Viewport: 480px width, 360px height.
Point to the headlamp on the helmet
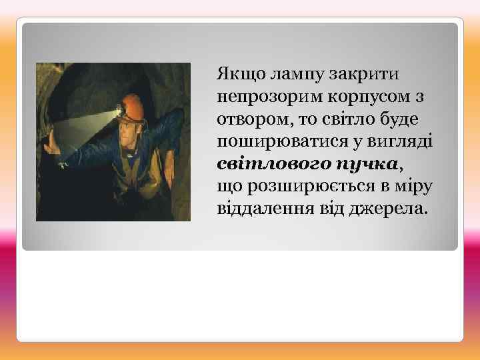click(x=121, y=109)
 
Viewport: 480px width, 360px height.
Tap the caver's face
click(x=131, y=127)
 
